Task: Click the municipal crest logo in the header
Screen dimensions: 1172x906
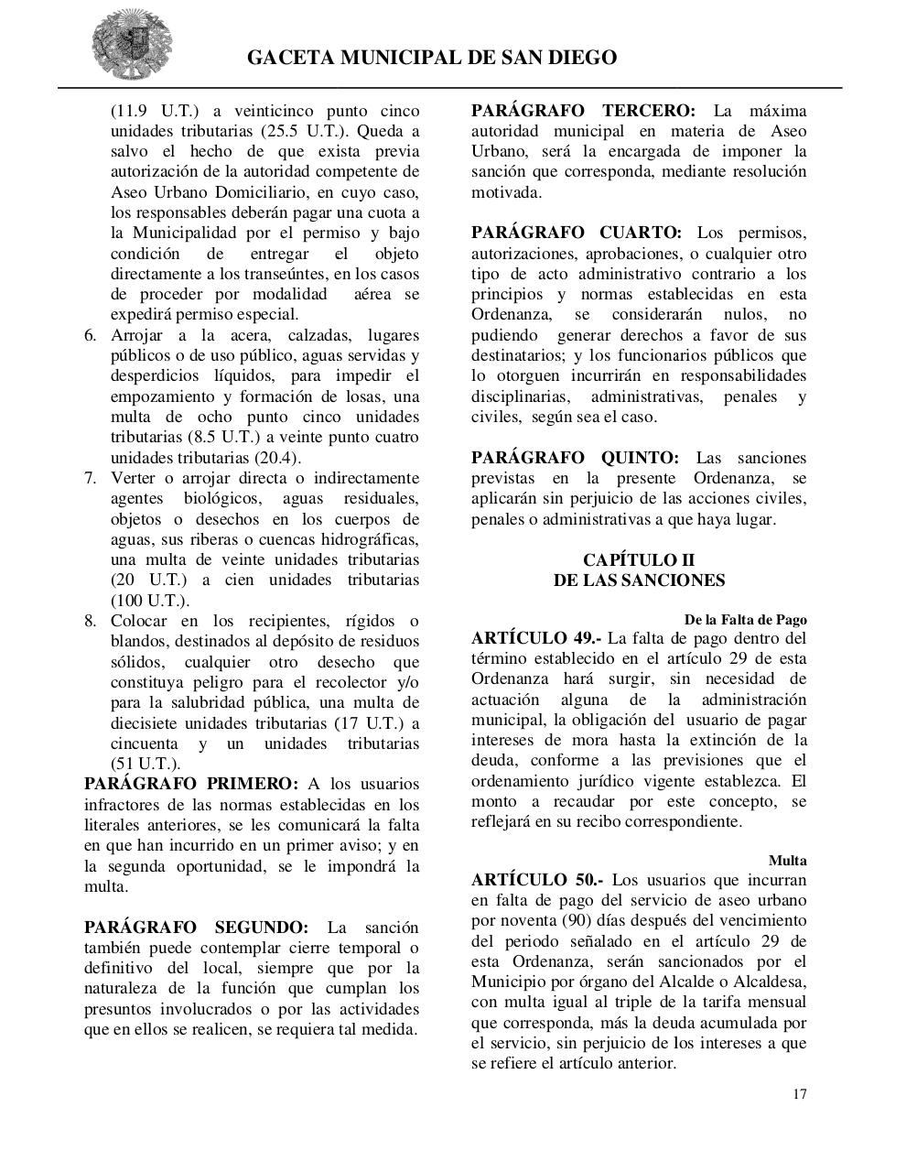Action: [131, 45]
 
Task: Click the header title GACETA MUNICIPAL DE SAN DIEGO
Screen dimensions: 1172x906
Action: [432, 58]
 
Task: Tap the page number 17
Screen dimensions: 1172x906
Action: [800, 1094]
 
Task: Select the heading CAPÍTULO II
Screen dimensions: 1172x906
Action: [639, 559]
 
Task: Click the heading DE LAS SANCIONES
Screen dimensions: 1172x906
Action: [639, 581]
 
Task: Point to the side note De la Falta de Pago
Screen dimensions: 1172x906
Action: [745, 620]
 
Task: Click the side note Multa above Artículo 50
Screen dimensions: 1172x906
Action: [787, 861]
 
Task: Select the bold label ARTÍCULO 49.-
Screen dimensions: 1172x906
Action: [536, 638]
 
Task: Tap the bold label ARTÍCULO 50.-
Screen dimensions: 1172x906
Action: [536, 880]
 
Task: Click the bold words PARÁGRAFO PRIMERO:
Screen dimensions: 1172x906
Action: [190, 785]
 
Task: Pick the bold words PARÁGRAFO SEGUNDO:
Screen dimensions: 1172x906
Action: [196, 928]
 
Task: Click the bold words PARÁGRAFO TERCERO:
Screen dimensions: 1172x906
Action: [583, 111]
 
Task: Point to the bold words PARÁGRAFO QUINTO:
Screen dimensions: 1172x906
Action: [575, 458]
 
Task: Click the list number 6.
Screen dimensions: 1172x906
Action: [91, 335]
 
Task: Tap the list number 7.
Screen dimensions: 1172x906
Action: [91, 478]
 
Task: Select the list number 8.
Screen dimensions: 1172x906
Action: [91, 621]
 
